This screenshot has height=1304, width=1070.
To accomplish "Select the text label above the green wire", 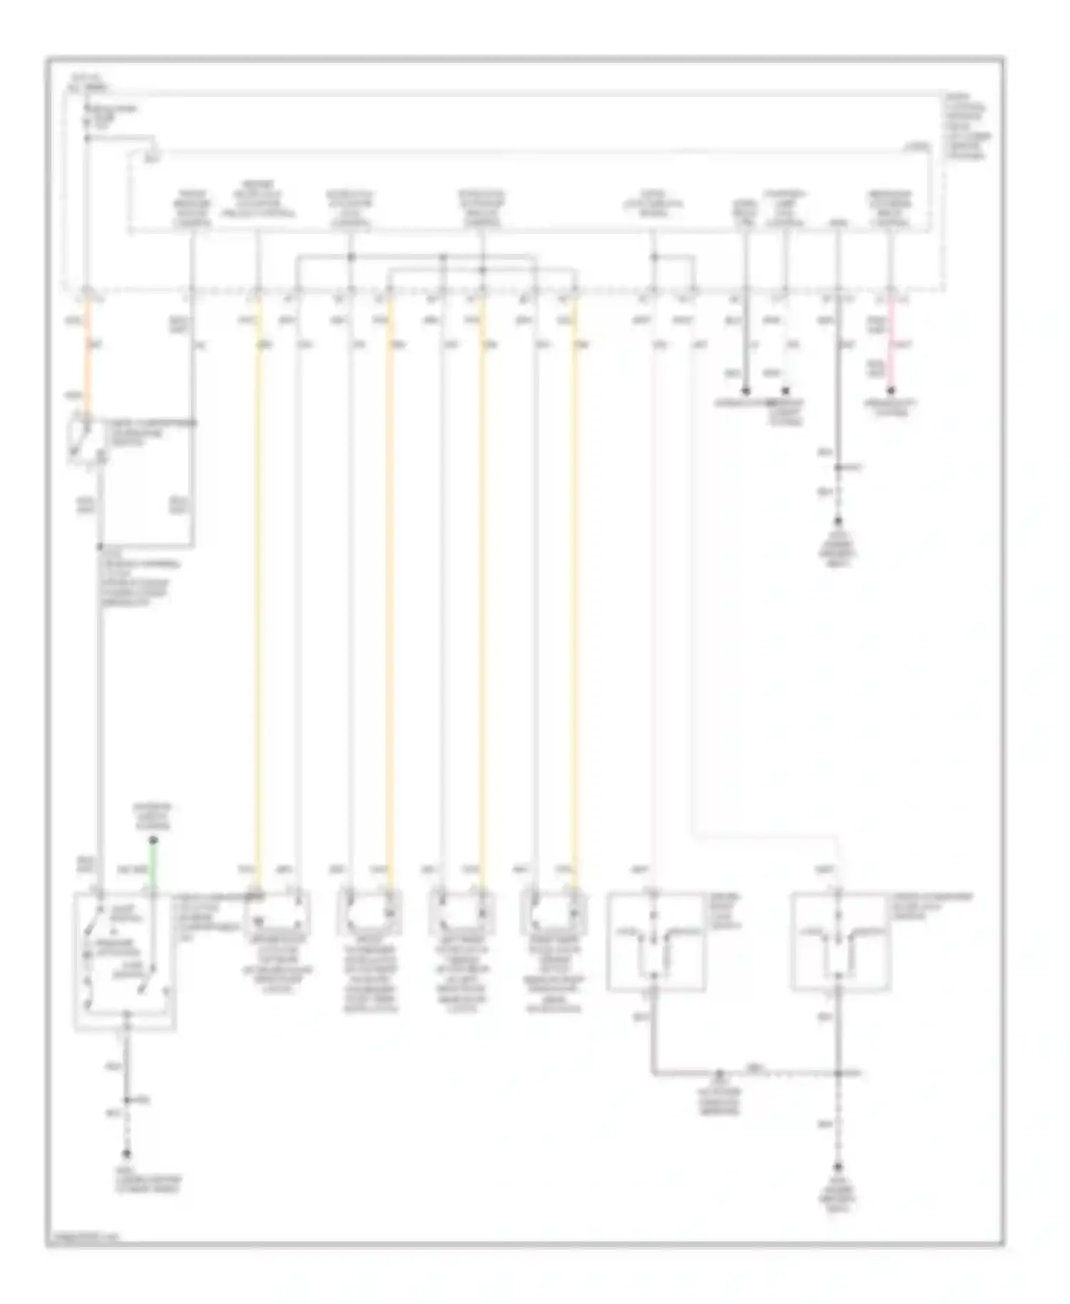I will coord(153,817).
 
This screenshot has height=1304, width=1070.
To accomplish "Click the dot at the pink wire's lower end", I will coord(890,391).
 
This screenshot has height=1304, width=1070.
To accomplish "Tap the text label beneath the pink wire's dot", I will coord(890,407).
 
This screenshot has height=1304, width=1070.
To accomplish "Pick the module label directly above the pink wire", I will coord(890,208).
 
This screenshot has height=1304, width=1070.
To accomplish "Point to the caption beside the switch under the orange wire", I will coord(150,432).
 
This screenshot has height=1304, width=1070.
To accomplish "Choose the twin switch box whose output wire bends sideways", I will coord(656,942).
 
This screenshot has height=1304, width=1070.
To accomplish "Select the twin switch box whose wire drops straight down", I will coord(840,942).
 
